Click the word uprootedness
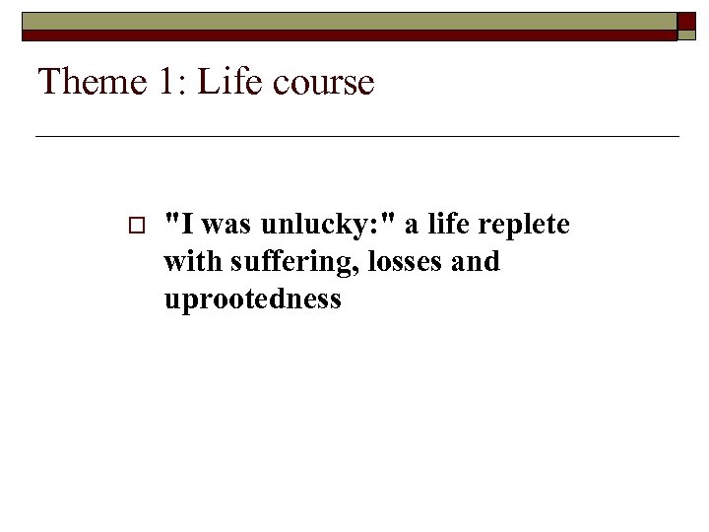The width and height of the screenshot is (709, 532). [x=252, y=299]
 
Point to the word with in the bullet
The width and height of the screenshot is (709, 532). [x=185, y=262]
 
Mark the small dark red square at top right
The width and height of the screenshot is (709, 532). [x=686, y=23]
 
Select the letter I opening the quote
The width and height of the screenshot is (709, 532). [x=188, y=226]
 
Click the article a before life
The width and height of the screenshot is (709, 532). [x=411, y=226]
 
